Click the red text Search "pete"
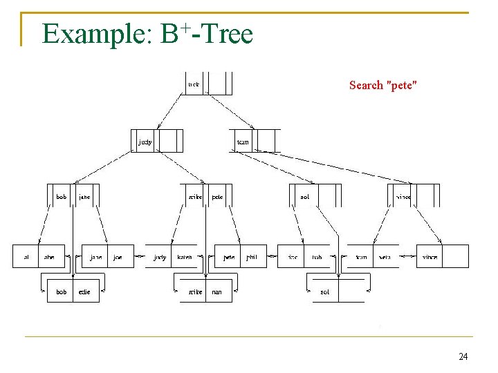(x=382, y=86)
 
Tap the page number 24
(x=463, y=356)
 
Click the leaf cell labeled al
(x=26, y=257)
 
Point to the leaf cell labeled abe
(x=49, y=257)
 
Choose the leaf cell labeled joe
(x=118, y=257)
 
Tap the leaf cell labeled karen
(x=185, y=257)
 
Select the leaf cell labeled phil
(x=252, y=257)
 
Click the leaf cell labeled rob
(x=316, y=257)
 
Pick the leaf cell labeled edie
(x=84, y=292)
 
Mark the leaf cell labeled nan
(x=217, y=292)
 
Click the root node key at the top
(x=194, y=85)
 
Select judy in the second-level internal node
(x=145, y=142)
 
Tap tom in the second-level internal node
(x=243, y=142)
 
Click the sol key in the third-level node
(x=304, y=197)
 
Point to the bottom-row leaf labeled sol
(x=324, y=292)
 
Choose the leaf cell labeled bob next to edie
(x=62, y=292)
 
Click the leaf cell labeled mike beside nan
(x=196, y=292)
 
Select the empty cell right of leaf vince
(x=455, y=257)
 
